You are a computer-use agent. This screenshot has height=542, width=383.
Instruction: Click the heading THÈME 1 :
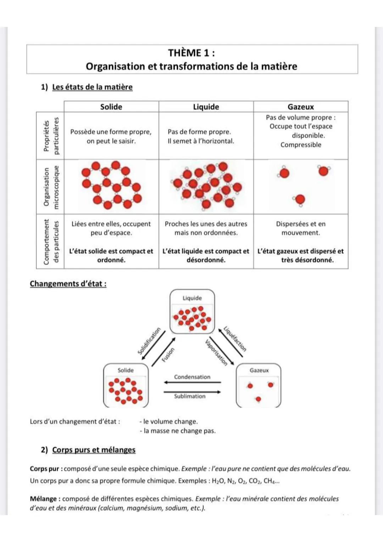(191, 53)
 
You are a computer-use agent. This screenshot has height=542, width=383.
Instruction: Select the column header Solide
(111, 107)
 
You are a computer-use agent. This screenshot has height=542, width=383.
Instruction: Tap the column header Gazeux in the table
(300, 107)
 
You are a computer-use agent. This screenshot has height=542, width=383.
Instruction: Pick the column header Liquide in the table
(206, 107)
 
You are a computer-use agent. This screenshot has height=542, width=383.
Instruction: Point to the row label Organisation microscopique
(50, 187)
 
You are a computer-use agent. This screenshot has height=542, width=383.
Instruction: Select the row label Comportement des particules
(50, 242)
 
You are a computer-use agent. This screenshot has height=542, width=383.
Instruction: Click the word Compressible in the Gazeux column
(301, 145)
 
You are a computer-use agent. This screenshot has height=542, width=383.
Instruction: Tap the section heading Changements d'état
(68, 284)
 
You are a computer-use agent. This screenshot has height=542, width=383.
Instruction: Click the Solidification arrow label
(149, 341)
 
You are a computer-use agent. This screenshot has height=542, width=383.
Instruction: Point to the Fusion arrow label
(168, 355)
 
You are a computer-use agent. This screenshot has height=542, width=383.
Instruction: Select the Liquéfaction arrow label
(235, 339)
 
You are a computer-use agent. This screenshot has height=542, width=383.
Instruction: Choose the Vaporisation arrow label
(216, 353)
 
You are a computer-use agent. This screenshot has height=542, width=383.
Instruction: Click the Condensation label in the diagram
(192, 377)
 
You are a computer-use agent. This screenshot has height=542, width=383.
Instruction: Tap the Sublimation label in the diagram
(190, 396)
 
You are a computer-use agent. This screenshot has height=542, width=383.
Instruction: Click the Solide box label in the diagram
(126, 370)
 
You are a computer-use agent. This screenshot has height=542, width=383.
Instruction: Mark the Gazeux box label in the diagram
(259, 370)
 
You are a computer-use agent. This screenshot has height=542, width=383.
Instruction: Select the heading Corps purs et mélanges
(94, 450)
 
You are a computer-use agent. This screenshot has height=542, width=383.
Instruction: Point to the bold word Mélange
(43, 499)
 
